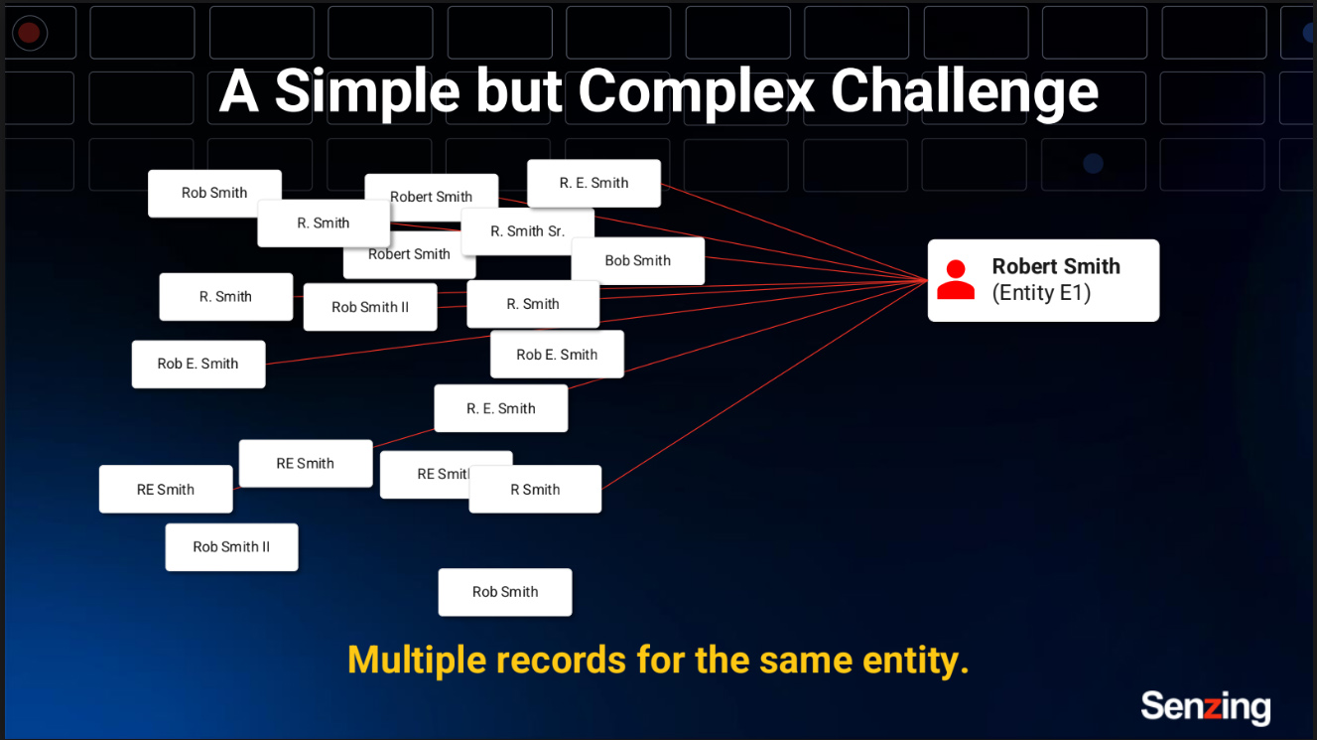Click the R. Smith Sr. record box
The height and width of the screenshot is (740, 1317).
527,231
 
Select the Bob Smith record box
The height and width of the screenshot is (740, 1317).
637,260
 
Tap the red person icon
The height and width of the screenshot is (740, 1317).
956,280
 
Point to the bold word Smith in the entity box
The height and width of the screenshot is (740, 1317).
1093,266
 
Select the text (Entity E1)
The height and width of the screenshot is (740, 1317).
1041,293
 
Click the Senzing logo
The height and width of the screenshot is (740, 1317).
1205,706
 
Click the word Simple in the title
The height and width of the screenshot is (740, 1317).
367,91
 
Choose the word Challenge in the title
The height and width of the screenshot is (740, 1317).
964,91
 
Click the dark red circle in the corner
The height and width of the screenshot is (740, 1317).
29,33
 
